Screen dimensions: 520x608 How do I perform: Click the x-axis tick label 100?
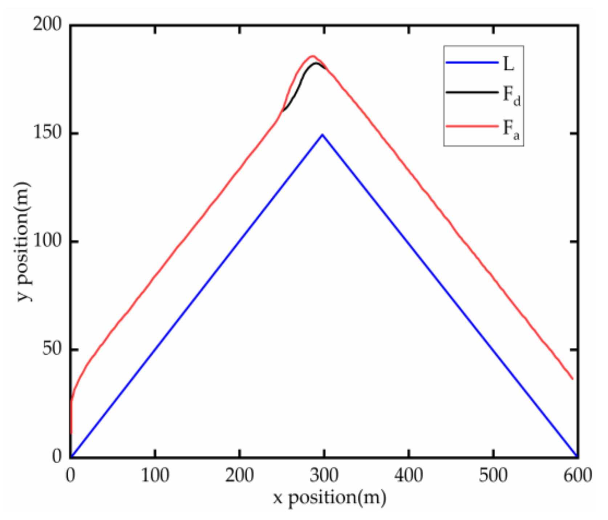(x=155, y=475)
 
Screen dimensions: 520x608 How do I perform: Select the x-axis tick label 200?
(x=240, y=475)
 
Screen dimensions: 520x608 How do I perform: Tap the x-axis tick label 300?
(x=324, y=475)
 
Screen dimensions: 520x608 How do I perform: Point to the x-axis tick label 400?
(x=409, y=475)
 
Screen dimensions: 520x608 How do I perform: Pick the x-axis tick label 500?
(x=494, y=475)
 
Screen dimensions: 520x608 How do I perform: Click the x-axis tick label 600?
(x=578, y=475)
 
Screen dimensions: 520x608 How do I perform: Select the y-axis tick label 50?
(x=52, y=349)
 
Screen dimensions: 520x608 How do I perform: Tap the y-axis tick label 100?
(x=47, y=241)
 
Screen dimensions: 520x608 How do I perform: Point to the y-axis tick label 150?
(x=47, y=133)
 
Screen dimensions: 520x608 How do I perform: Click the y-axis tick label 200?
(x=47, y=25)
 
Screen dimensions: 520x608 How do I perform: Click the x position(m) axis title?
(x=329, y=497)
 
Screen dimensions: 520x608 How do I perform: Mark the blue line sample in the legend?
(x=472, y=63)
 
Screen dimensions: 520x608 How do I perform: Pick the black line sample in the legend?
(x=472, y=92)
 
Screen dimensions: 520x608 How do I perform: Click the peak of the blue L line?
(x=322, y=134)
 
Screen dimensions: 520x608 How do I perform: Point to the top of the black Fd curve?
(x=316, y=63)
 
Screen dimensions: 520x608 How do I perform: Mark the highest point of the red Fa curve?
(x=312, y=56)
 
